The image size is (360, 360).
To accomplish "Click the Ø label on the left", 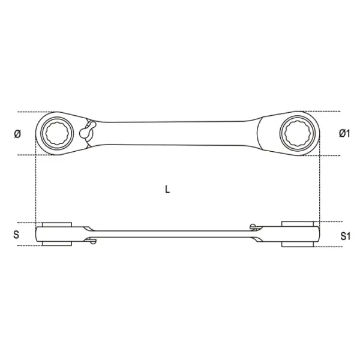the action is click(17, 134).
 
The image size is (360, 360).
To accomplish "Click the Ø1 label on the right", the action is click(344, 133).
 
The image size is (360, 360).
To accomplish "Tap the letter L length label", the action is click(167, 189).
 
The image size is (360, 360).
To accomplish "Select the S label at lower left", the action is click(16, 235).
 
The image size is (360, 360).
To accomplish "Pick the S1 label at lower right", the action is click(346, 236).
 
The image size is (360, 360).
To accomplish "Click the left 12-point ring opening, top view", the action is click(57, 134).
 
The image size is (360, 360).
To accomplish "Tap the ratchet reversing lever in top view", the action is click(88, 130).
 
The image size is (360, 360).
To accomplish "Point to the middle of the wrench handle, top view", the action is click(175, 133).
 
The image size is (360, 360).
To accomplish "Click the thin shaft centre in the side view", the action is click(172, 234).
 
